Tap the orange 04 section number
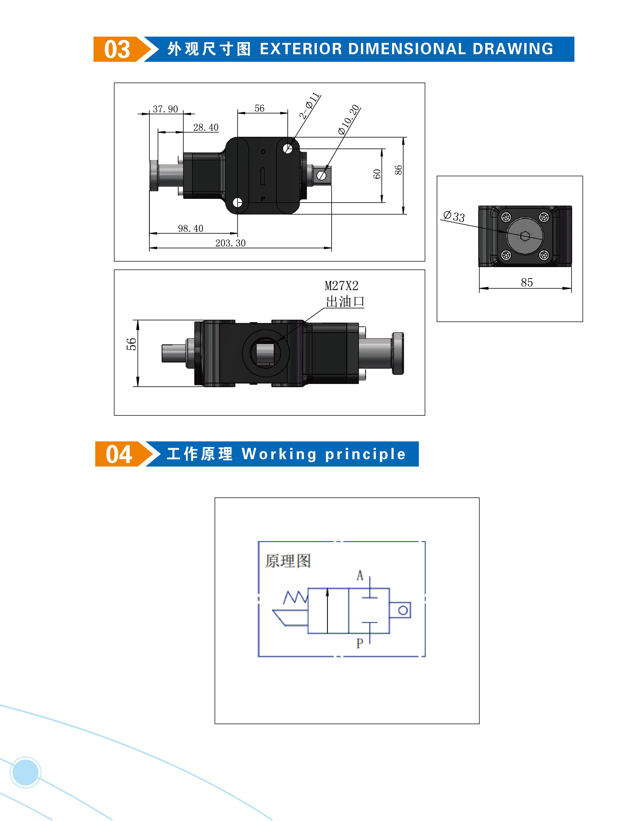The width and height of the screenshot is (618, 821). click(119, 454)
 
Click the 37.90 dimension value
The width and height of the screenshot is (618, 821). click(165, 109)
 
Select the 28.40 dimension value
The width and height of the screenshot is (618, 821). click(206, 127)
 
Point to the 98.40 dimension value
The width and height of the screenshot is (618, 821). click(191, 228)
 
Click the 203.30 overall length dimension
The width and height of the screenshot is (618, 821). click(230, 243)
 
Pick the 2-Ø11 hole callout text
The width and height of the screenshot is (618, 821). click(309, 105)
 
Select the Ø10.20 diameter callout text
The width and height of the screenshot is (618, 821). click(349, 119)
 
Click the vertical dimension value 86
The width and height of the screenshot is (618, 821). click(398, 170)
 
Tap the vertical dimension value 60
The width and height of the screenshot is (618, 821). click(377, 174)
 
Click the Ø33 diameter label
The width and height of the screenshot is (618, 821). click(454, 216)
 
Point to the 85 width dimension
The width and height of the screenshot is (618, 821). click(527, 282)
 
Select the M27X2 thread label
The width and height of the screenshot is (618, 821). click(341, 286)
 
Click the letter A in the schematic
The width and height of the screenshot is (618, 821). click(360, 575)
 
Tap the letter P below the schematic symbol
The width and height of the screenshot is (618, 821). click(360, 643)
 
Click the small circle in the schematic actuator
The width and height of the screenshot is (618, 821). click(403, 610)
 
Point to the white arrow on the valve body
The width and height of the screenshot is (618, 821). click(262, 176)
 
